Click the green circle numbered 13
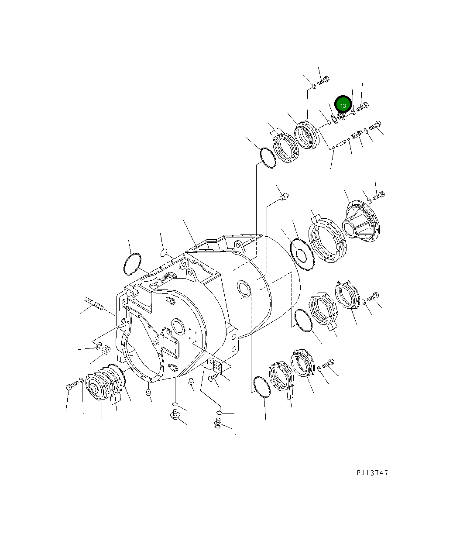point(343,106)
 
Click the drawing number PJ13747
point(372,473)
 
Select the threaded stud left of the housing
point(93,303)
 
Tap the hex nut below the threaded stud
point(105,350)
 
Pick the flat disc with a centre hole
point(302,253)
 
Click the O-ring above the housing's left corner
point(132,264)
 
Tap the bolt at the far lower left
point(72,386)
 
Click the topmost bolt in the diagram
point(323,81)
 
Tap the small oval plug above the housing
point(164,252)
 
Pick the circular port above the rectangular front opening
point(178,325)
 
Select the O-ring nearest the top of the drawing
point(268,157)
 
